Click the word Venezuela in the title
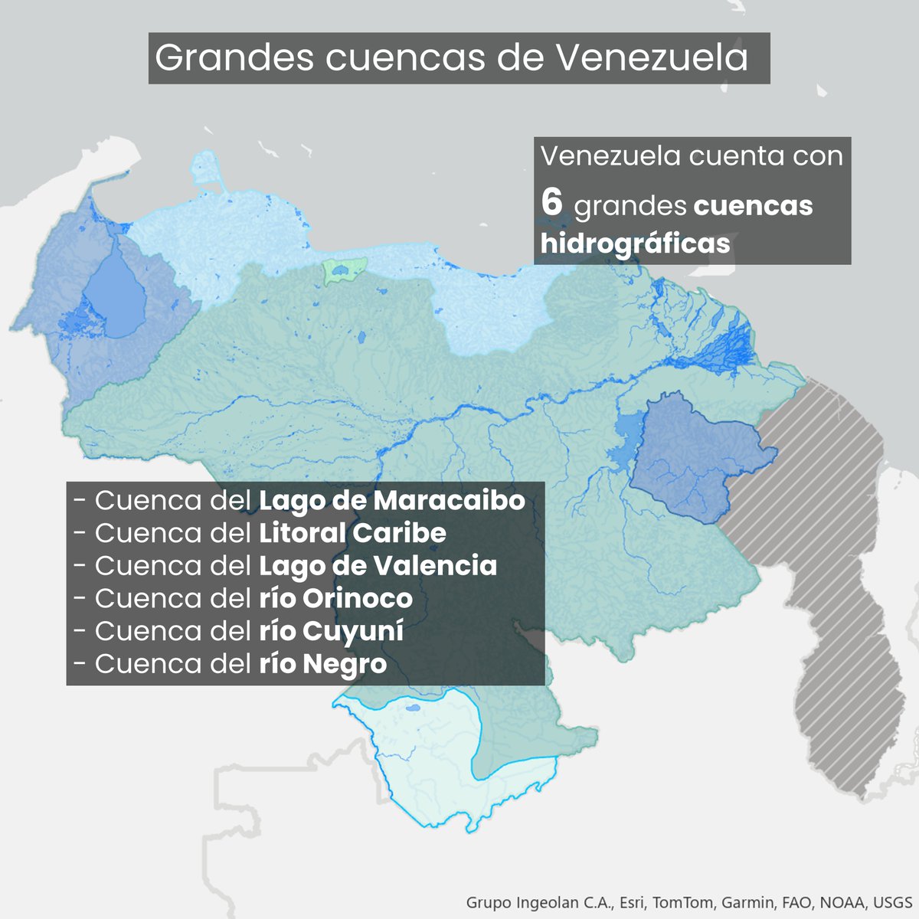[x=651, y=58]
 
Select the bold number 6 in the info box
[x=551, y=204]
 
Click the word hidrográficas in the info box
[x=635, y=243]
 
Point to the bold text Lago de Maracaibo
[x=391, y=501]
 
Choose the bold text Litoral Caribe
[x=352, y=533]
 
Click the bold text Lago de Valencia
[x=378, y=566]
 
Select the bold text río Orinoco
[x=335, y=598]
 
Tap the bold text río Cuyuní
[x=331, y=631]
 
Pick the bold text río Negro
[x=322, y=664]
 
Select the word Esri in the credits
[x=633, y=901]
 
